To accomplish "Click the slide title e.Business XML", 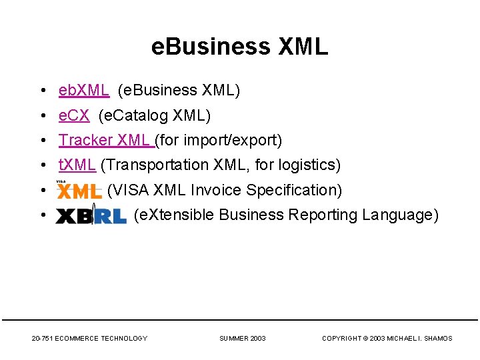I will coord(240,47).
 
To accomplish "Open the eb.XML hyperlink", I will coord(84,90).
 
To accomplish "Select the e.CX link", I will coord(74,115).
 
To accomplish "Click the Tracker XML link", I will coord(106,140).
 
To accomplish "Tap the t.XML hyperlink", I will coord(77,165).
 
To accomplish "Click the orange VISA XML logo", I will coord(79,191).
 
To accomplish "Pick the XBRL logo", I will coord(91,216).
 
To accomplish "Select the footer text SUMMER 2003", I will coord(243,339).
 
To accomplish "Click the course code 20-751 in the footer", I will coord(42,339).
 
